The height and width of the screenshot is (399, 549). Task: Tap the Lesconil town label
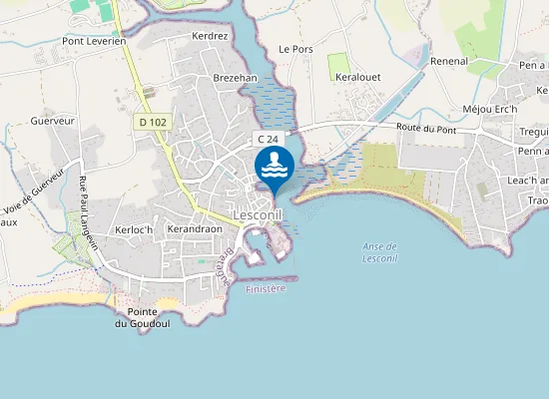(262, 214)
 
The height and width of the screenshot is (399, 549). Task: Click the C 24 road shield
(267, 139)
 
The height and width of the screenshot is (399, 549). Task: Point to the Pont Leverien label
(94, 41)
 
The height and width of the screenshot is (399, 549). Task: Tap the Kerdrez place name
(210, 36)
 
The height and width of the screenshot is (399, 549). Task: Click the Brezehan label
(235, 77)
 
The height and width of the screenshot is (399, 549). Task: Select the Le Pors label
(295, 48)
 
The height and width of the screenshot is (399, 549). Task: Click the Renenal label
(449, 61)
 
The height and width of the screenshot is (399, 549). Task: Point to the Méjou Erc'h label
(490, 109)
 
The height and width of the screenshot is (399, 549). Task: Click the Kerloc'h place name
(134, 229)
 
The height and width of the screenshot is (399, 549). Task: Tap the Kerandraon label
(194, 229)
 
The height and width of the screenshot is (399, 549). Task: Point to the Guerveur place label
(53, 121)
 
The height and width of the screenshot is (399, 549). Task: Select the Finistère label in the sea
(266, 288)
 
